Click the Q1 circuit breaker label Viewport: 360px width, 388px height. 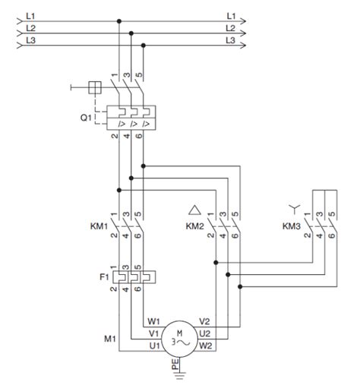point(86,118)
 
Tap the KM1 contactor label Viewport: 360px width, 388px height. point(99,226)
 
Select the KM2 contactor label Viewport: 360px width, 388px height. point(194,226)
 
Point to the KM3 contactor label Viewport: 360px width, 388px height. point(292,226)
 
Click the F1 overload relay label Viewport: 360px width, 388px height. point(104,277)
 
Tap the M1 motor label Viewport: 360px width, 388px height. point(110,339)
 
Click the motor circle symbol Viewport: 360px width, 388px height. point(180,339)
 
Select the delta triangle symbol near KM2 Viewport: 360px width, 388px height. point(194,210)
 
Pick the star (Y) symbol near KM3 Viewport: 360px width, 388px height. point(295,209)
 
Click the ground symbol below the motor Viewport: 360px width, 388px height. point(180,375)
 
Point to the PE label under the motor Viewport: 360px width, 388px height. point(175,364)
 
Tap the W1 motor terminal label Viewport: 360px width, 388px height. point(153,321)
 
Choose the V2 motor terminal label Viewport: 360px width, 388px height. point(204,321)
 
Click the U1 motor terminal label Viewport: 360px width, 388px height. point(155,345)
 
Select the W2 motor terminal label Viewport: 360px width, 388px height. point(206,345)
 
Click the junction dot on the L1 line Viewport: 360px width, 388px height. point(119,21)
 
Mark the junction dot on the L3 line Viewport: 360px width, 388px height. point(144,46)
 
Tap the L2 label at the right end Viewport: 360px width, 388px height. point(230,28)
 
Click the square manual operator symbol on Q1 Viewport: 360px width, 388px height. point(95,87)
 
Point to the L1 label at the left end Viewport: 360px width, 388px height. point(30,16)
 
